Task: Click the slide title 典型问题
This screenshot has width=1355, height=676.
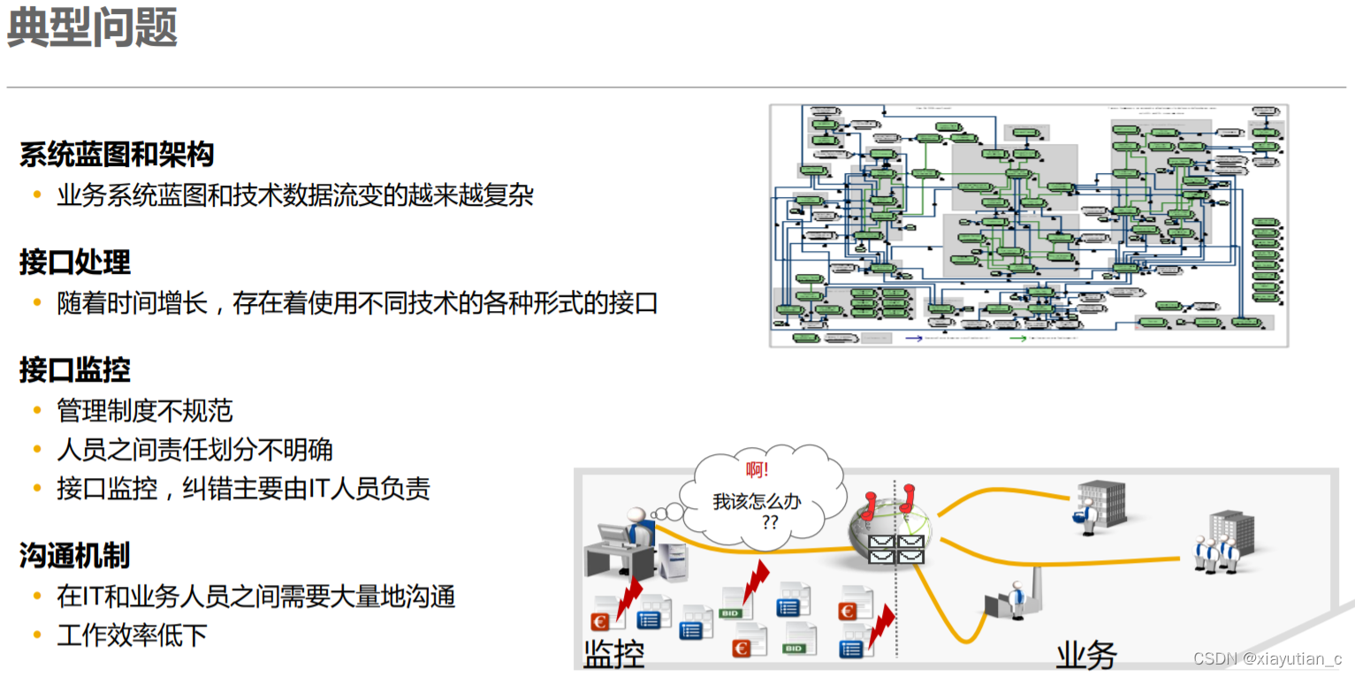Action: click(92, 29)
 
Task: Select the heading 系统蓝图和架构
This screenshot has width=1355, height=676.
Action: click(117, 156)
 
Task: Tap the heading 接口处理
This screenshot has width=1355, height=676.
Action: click(75, 262)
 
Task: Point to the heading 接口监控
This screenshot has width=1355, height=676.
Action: click(75, 370)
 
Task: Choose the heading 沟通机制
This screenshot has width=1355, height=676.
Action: click(75, 556)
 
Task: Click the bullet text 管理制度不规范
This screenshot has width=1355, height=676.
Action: click(145, 411)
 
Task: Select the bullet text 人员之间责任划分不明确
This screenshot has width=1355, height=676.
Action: click(194, 450)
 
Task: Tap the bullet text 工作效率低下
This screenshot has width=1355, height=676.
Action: click(133, 634)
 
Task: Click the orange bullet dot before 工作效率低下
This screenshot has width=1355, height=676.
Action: click(37, 634)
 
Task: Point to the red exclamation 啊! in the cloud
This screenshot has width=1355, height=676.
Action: click(757, 471)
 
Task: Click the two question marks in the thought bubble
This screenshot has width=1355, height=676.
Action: click(770, 522)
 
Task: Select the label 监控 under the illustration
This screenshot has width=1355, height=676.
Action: click(613, 655)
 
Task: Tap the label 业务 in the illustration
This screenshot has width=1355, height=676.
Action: click(1086, 655)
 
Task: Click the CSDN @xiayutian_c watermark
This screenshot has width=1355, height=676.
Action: click(1267, 659)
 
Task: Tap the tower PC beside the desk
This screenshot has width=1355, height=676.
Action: click(674, 566)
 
